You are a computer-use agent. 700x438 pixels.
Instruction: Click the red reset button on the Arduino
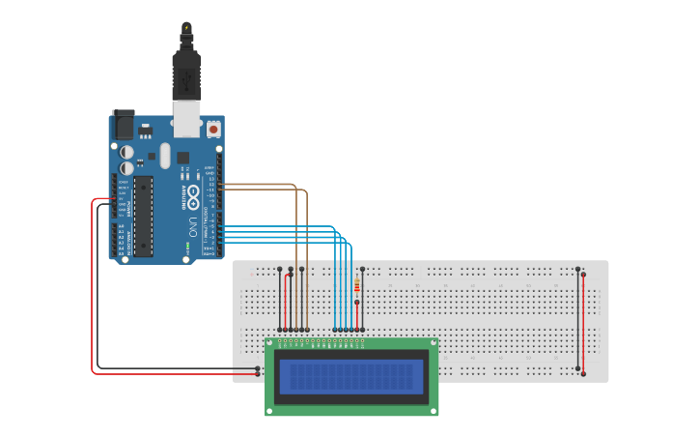(212, 128)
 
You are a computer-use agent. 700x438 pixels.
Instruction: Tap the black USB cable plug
(185, 72)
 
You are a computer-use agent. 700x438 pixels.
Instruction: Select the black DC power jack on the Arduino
(124, 125)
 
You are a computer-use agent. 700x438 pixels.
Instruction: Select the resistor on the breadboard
(359, 285)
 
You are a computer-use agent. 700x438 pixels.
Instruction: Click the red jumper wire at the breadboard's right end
(583, 319)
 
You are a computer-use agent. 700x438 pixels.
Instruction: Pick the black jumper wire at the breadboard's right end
(577, 319)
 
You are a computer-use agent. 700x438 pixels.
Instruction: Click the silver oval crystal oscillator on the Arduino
(165, 155)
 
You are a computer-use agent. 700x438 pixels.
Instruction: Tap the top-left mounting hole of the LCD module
(270, 342)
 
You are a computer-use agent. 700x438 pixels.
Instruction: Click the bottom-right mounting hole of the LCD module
(433, 411)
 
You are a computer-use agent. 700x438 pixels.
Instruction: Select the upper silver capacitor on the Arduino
(127, 152)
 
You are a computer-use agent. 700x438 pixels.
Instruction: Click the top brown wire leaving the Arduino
(261, 183)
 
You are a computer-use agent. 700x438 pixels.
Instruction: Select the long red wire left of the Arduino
(93, 290)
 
